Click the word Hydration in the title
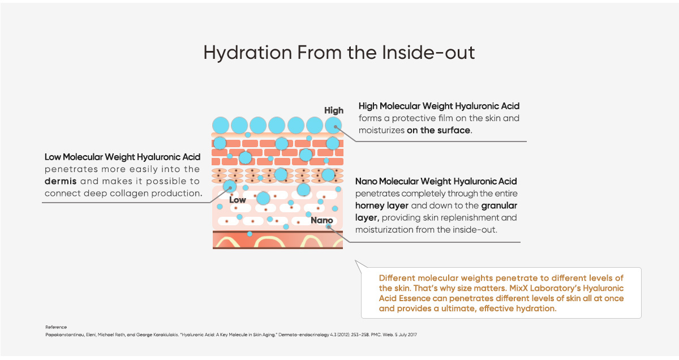pyautogui.click(x=248, y=53)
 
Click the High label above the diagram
pyautogui.click(x=334, y=111)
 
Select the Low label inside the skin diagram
pyautogui.click(x=237, y=200)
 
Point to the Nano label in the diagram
pyautogui.click(x=321, y=220)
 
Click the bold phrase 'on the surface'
pyautogui.click(x=439, y=130)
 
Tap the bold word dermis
pyautogui.click(x=61, y=181)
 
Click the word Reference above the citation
pyautogui.click(x=56, y=327)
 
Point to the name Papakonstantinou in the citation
pyautogui.click(x=65, y=335)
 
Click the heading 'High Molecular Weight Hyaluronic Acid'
pyautogui.click(x=439, y=106)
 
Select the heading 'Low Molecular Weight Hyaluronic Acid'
pyautogui.click(x=122, y=157)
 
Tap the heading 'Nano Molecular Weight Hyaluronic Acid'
pyautogui.click(x=436, y=181)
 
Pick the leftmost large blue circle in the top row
pyautogui.click(x=220, y=125)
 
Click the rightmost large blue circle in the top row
pyautogui.click(x=333, y=125)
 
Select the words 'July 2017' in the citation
pyautogui.click(x=408, y=335)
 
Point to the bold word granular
pyautogui.click(x=499, y=206)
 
